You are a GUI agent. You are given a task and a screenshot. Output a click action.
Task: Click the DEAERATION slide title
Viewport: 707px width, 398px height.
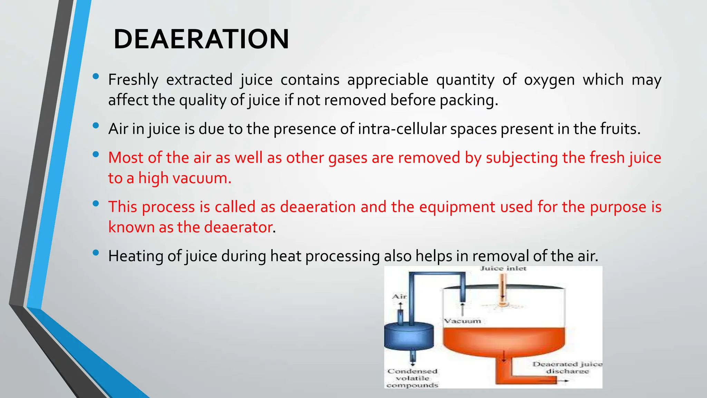coord(201,39)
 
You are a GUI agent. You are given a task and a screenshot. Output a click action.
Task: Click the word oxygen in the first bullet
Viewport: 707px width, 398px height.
coord(549,80)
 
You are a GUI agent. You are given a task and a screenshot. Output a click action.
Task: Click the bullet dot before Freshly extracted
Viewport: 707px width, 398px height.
coord(96,76)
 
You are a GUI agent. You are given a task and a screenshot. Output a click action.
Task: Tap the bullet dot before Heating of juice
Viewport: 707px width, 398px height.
coord(96,253)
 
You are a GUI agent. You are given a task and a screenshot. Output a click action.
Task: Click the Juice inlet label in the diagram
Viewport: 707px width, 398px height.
coord(503,268)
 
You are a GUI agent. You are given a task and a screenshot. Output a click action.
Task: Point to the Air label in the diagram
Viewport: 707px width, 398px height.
coord(399,296)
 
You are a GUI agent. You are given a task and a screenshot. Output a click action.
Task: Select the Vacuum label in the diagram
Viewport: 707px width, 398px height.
coord(462,321)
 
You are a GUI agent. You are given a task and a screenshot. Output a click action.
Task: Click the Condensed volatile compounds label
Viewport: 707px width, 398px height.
coord(412,378)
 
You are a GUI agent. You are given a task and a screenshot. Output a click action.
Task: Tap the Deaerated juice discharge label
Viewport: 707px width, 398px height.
coord(567,368)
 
